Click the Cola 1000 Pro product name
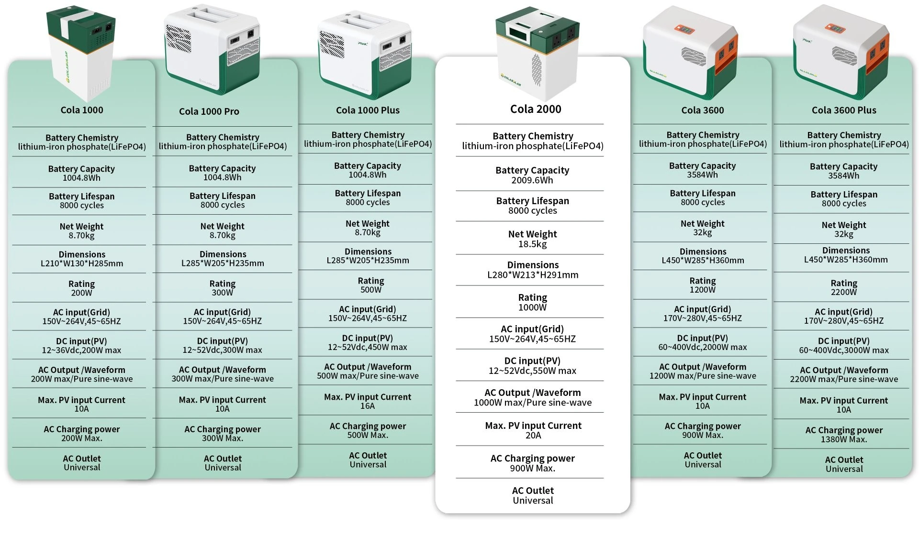click(209, 111)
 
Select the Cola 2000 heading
click(535, 109)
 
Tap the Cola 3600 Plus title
click(843, 110)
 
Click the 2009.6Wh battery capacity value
click(532, 180)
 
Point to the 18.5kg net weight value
click(532, 244)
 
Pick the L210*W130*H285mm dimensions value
click(82, 263)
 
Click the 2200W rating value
click(843, 292)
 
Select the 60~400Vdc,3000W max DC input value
click(843, 350)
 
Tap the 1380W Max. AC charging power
click(843, 439)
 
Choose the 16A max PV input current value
click(367, 406)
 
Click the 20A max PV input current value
click(533, 435)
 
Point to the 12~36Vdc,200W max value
click(81, 350)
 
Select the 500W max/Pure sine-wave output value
click(367, 376)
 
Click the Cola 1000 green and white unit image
click(81, 53)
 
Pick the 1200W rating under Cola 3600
click(702, 290)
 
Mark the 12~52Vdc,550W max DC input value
click(532, 371)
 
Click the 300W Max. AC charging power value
click(222, 438)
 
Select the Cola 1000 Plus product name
click(367, 110)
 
